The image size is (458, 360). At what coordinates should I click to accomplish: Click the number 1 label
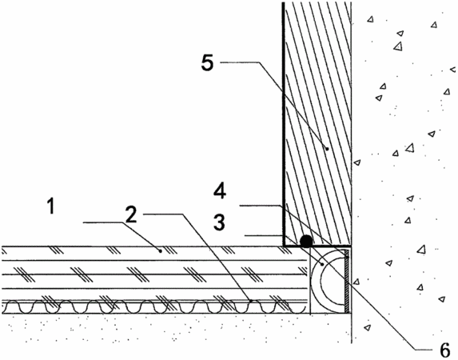point(51,206)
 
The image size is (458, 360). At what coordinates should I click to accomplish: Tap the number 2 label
point(131,214)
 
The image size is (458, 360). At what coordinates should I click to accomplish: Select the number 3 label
point(219,222)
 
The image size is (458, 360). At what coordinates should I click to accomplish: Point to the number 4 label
point(220,191)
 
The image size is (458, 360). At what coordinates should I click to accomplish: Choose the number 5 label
point(207,62)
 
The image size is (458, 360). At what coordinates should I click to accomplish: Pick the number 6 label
point(444,350)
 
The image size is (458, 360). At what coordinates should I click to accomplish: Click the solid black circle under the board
point(306,242)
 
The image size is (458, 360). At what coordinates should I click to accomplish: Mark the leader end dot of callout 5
point(327,149)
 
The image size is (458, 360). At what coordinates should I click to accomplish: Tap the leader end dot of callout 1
point(160,250)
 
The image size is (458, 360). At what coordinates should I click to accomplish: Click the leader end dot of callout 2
point(250,300)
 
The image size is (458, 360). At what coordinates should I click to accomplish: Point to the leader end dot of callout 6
point(322,264)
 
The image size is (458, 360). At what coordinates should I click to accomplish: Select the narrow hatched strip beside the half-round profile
point(347,281)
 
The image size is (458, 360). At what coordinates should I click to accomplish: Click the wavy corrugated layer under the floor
point(154,306)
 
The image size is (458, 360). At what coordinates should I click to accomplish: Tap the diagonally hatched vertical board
point(317,124)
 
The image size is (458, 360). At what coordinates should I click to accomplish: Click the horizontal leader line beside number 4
point(261,206)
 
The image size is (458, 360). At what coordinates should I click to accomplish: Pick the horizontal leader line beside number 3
point(264,235)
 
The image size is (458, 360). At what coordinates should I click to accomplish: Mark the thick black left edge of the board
point(283,124)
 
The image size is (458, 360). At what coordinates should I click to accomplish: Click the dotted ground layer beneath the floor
point(175,328)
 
